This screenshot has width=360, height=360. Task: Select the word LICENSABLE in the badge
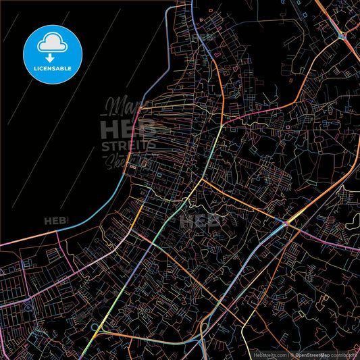pos(53,68)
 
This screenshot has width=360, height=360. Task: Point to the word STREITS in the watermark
pos(128,146)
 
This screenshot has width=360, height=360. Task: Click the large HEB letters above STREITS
pos(126,128)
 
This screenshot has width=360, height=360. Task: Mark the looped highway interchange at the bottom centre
pos(205,330)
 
